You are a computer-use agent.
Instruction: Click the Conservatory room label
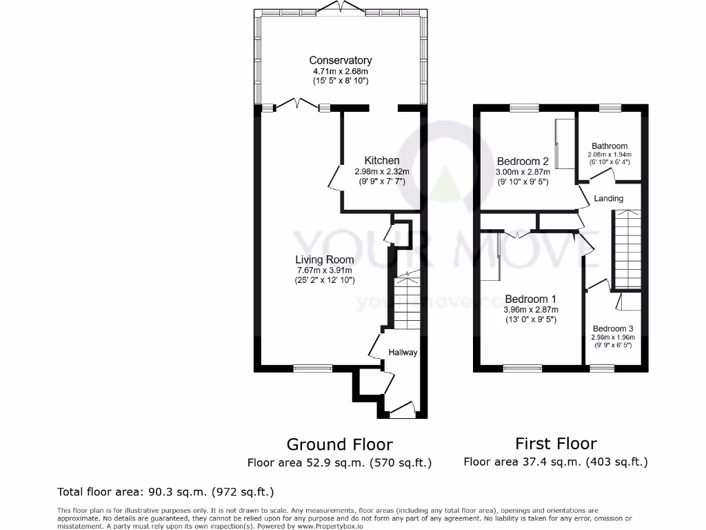pyautogui.click(x=340, y=61)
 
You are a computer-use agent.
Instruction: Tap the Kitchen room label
pyautogui.click(x=381, y=161)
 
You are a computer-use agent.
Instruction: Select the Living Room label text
pyautogui.click(x=325, y=259)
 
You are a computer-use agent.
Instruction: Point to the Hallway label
pyautogui.click(x=403, y=352)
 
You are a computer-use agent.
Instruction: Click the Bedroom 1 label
pyautogui.click(x=530, y=299)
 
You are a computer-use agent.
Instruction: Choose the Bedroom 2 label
pyautogui.click(x=523, y=161)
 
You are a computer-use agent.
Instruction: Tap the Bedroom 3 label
pyautogui.click(x=612, y=328)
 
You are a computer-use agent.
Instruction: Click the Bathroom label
pyautogui.click(x=609, y=146)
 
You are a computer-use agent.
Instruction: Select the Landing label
pyautogui.click(x=608, y=198)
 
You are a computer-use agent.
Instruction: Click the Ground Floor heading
pyautogui.click(x=339, y=444)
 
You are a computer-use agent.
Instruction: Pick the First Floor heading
pyautogui.click(x=556, y=443)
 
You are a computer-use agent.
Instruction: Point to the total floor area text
pyautogui.click(x=165, y=492)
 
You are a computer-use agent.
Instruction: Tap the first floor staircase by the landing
pyautogui.click(x=627, y=248)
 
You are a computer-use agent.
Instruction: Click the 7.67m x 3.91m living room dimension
pyautogui.click(x=325, y=271)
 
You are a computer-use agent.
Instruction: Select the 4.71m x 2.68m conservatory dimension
pyautogui.click(x=340, y=71)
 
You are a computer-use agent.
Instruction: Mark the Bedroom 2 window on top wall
pyautogui.click(x=524, y=108)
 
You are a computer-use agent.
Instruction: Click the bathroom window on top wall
pyautogui.click(x=609, y=108)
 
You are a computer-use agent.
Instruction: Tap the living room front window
pyautogui.click(x=308, y=368)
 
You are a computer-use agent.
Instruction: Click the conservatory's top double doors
pyautogui.click(x=341, y=9)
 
